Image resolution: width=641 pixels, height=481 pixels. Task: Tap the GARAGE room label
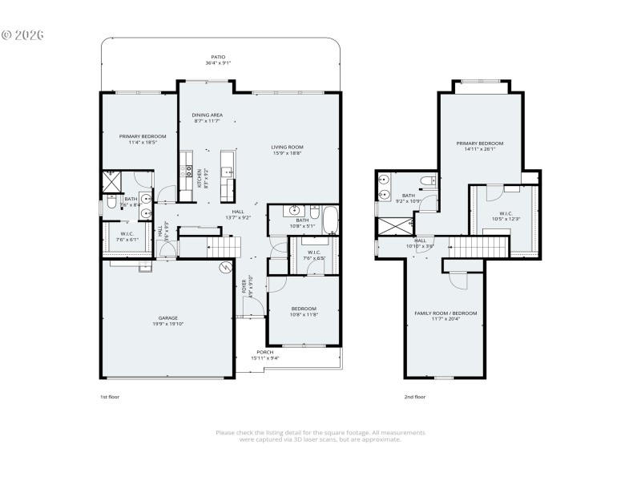point(167,318)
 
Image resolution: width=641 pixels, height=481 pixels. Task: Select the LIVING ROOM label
point(287,147)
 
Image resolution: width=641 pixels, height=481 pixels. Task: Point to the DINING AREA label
point(207,115)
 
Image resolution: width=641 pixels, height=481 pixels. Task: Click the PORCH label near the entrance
point(264,352)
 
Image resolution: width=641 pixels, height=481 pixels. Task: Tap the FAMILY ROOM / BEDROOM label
point(445,313)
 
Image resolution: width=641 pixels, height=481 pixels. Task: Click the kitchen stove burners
point(190,172)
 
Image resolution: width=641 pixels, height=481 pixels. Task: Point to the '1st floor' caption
point(109,397)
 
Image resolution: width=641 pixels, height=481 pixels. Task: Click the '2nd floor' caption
point(415,397)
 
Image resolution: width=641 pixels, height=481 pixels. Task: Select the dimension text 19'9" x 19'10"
point(167,324)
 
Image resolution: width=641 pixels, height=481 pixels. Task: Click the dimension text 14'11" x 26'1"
point(480,149)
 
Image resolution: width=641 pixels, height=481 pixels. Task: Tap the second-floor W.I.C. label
point(505,213)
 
